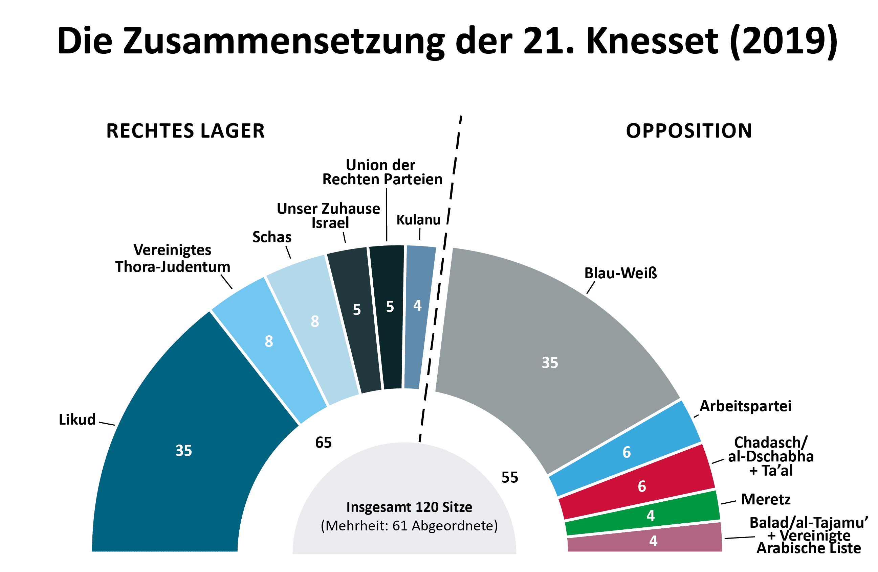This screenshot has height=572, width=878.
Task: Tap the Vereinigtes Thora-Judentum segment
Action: point(269,347)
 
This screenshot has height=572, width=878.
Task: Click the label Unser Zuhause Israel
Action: point(328,216)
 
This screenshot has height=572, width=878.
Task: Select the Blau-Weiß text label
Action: point(620,273)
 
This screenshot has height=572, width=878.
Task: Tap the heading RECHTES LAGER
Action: point(185,131)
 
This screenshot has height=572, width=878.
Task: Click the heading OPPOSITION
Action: point(689,131)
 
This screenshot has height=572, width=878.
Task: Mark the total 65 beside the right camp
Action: point(323,442)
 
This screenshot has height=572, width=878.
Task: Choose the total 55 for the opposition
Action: point(509,477)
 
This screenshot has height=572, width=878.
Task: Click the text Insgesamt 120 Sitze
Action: point(409,507)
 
